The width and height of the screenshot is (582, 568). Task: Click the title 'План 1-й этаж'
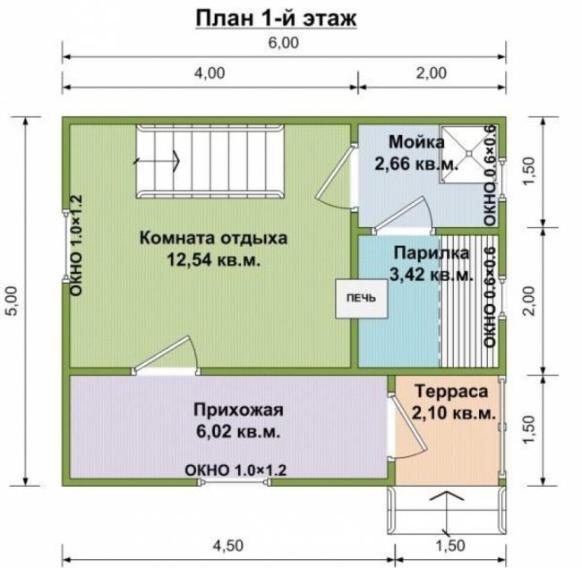pos(276,19)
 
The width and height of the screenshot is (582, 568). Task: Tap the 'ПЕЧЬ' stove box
pos(362,298)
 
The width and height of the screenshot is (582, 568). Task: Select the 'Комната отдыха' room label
pos(213,239)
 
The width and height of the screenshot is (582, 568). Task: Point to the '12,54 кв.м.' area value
pos(213,260)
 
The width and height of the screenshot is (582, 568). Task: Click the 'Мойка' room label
pos(416,142)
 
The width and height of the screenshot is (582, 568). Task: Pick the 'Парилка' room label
pos(432,253)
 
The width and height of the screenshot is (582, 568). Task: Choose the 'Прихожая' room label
pos(238,411)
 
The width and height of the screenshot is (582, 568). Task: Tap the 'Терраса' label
pos(451,392)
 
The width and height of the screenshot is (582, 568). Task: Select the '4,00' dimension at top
pos(210,73)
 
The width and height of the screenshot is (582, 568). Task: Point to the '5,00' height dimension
pos(13,301)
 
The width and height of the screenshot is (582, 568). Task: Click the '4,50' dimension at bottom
pos(228,546)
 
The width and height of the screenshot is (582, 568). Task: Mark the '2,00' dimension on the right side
pos(529,301)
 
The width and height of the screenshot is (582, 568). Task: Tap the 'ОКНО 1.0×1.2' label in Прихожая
pos(235,471)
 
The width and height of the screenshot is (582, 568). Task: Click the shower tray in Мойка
pos(469,154)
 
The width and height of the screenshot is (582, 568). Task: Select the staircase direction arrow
pos(157,161)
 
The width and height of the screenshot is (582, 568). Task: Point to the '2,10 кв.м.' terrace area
pos(454,413)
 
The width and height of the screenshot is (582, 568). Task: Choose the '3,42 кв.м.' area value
pos(432,276)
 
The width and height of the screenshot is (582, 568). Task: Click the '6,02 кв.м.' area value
pos(238,431)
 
